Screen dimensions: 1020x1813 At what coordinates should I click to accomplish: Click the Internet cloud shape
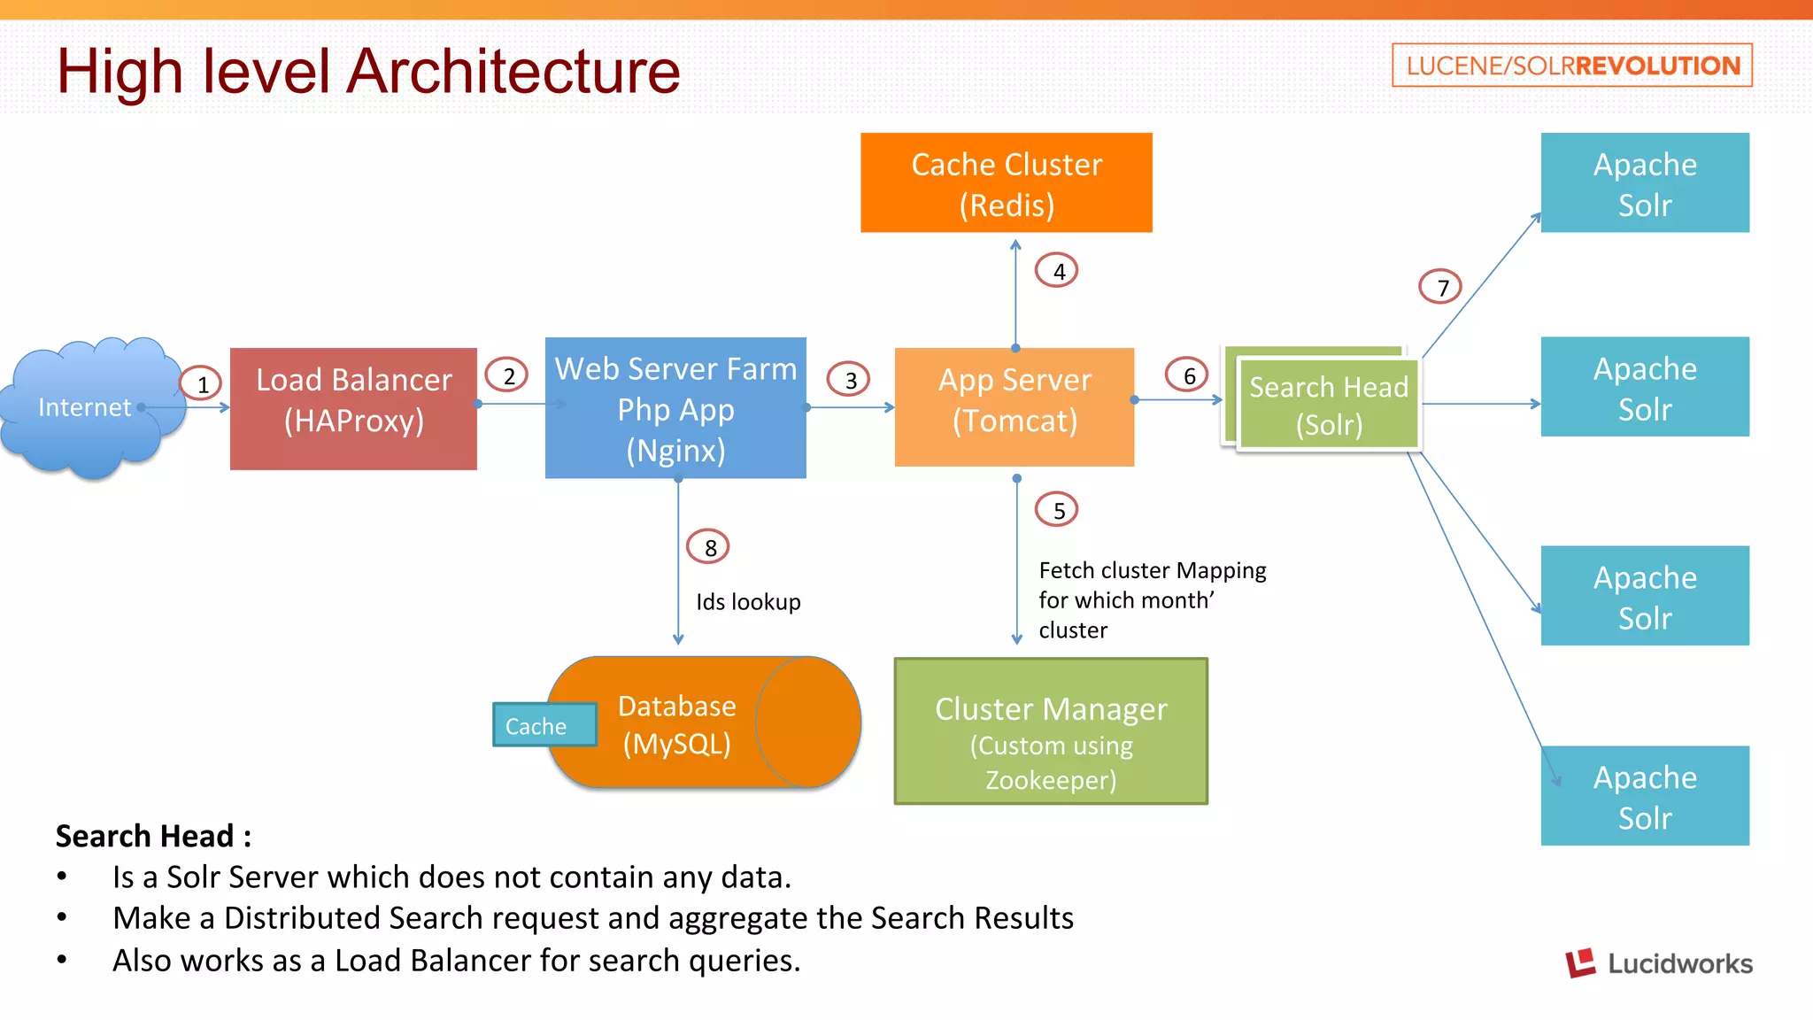click(89, 407)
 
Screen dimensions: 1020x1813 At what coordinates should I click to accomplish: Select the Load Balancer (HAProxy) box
click(353, 408)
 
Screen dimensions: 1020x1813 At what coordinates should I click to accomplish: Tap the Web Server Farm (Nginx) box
click(675, 408)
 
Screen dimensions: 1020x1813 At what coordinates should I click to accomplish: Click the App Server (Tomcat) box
click(1015, 406)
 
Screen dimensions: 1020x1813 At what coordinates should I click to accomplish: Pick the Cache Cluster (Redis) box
click(1007, 183)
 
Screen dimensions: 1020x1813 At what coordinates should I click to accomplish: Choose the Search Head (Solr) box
click(1328, 405)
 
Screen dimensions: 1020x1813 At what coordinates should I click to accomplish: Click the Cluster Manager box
click(1051, 731)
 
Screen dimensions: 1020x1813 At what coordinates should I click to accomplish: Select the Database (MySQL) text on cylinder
click(677, 724)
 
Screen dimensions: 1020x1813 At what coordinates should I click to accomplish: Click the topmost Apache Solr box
click(1645, 183)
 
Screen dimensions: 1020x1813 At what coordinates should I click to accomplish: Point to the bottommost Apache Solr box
click(1645, 796)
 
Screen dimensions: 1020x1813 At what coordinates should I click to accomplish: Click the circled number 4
click(1058, 271)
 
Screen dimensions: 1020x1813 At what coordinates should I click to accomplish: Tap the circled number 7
click(1441, 287)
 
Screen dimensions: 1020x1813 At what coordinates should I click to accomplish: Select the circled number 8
click(709, 547)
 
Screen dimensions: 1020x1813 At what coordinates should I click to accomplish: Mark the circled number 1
click(202, 383)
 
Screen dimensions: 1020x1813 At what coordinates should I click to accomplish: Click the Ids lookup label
click(748, 602)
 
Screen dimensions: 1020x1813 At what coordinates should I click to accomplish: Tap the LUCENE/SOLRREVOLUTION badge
click(1572, 66)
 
